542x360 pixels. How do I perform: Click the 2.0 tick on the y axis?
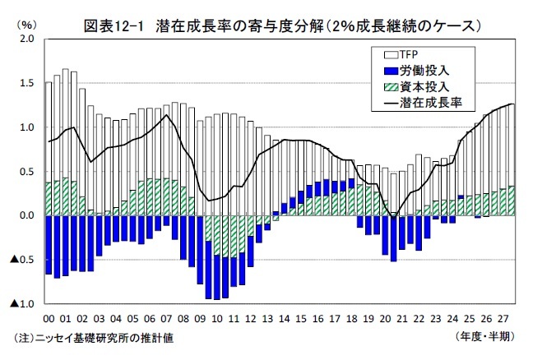coord(27,39)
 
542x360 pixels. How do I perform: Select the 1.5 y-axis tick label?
coord(27,83)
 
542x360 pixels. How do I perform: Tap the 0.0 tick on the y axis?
coord(27,215)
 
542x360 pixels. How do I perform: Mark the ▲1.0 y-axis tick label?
coord(22,304)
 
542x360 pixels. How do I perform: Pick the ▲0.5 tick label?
coord(22,260)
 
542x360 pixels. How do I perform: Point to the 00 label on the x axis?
coord(49,317)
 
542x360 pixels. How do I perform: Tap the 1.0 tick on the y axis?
coord(27,127)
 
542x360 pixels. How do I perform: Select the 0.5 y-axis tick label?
coord(27,171)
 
